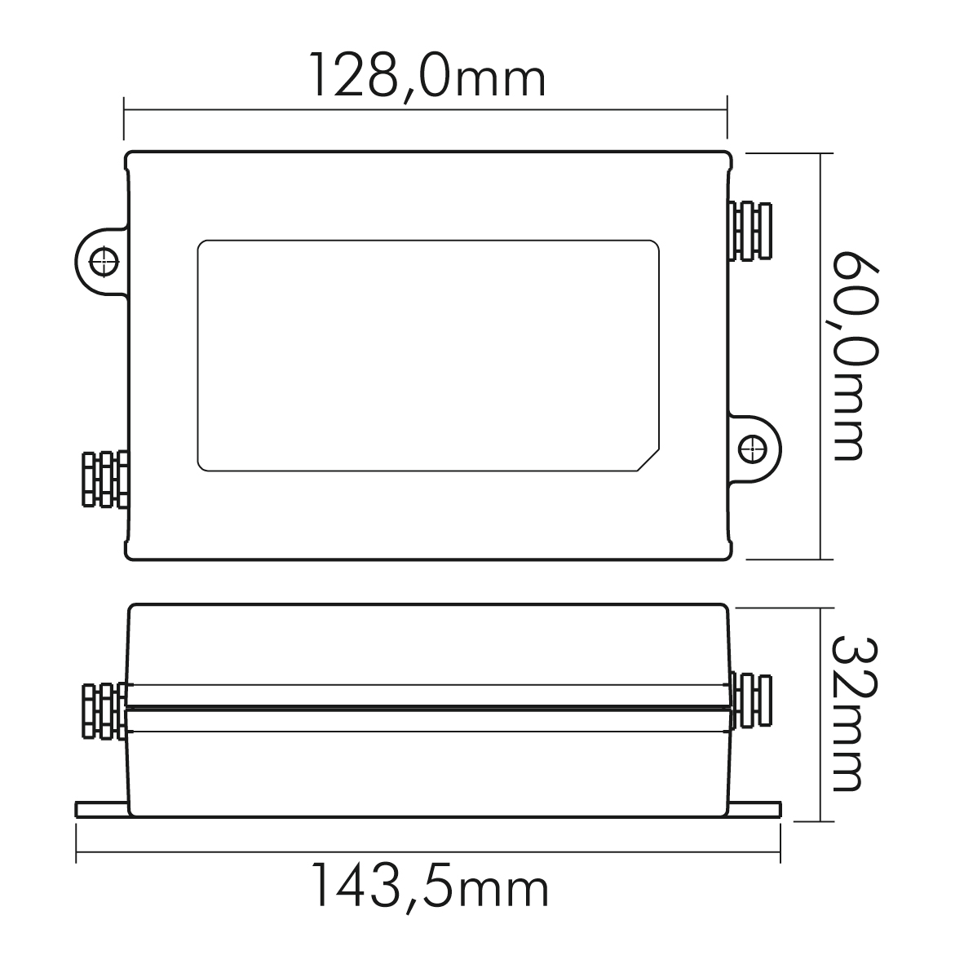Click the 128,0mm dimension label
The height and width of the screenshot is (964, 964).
428,77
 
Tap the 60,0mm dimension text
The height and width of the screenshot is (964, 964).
856,356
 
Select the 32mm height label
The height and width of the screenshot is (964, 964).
856,713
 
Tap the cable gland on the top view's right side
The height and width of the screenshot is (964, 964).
750,231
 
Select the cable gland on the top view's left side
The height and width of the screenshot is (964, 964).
105,480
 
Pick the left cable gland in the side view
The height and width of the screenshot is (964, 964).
104,710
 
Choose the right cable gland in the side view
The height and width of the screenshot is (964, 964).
751,701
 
